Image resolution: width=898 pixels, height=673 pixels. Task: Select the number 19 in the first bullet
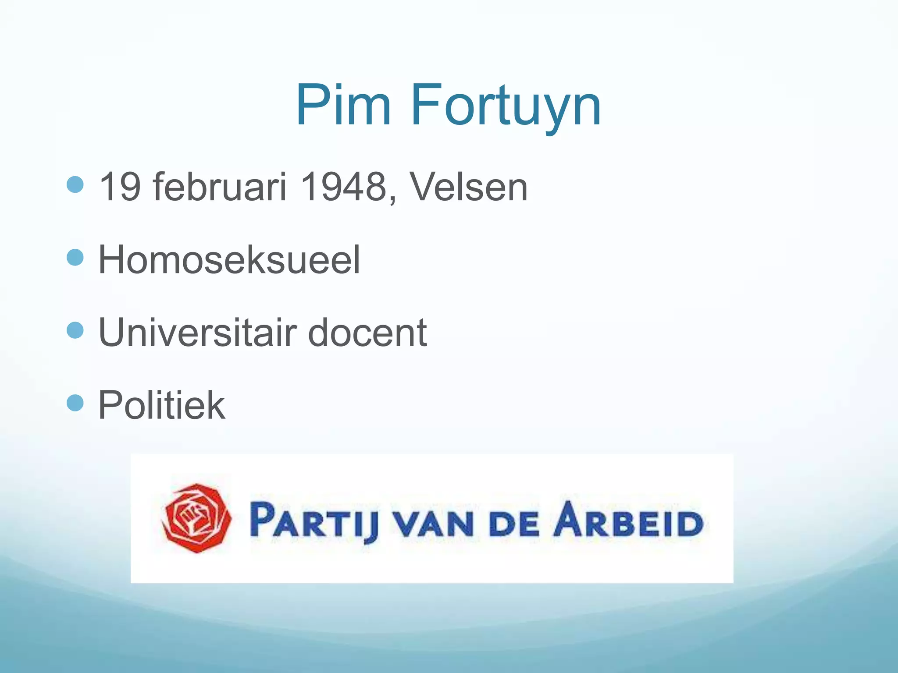tap(120, 187)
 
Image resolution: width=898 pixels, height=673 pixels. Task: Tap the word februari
tap(219, 187)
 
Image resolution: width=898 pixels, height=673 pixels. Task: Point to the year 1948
tap(343, 187)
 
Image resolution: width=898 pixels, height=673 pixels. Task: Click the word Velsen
tap(468, 187)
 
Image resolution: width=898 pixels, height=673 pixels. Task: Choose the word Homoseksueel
tap(229, 259)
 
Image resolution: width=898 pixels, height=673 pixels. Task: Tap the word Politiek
tap(161, 405)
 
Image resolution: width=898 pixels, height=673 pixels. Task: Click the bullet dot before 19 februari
tap(75, 185)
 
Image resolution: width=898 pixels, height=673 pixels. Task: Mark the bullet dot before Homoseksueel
tap(75, 258)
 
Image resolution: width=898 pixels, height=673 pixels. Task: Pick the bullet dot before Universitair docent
tap(75, 330)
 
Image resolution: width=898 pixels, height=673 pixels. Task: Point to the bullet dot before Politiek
tap(75, 403)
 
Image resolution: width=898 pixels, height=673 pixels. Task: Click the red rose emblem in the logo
tap(197, 518)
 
